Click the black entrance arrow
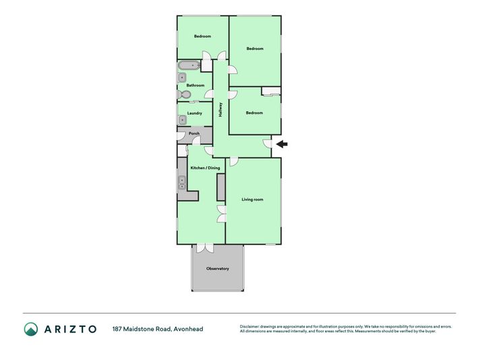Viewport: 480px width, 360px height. (282, 144)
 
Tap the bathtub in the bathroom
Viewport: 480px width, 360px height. (189, 65)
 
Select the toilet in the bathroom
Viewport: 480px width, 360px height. (184, 94)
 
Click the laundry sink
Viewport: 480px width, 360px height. (183, 120)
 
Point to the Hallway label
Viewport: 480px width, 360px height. (220, 110)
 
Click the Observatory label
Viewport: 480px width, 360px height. (217, 268)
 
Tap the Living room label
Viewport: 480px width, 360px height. (253, 200)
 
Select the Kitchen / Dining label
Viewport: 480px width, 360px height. (205, 168)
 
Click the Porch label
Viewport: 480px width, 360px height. (194, 133)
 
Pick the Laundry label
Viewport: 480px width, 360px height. (195, 113)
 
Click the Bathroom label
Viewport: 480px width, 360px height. (196, 86)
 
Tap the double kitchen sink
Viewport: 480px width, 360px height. (182, 183)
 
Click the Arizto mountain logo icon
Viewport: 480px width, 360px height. (31, 329)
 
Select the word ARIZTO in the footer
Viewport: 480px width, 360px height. (70, 329)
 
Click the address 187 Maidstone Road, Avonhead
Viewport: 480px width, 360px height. (158, 329)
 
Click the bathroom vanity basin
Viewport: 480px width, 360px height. (182, 78)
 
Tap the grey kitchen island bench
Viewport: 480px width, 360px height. (220, 187)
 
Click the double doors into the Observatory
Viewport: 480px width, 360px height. (205, 247)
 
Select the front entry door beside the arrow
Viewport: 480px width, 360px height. (268, 144)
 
